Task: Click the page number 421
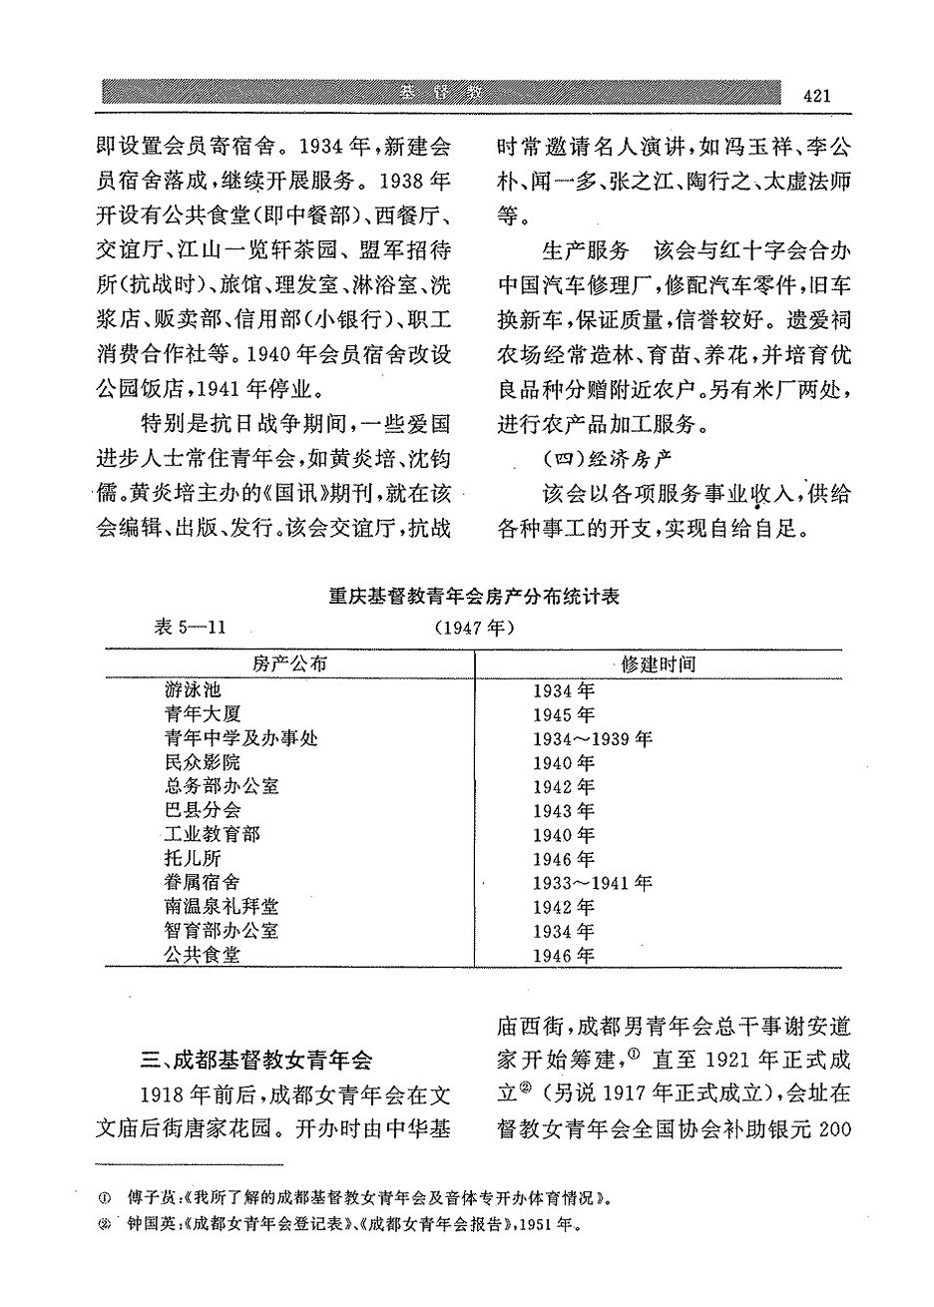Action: coord(815,95)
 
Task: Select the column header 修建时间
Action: coord(658,664)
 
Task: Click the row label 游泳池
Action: coord(193,690)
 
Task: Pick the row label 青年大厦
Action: coord(203,714)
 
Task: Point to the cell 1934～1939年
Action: coord(593,739)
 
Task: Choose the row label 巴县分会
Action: coord(203,810)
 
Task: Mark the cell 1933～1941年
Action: coord(593,883)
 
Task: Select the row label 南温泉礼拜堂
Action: coord(222,907)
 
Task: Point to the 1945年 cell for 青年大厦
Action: coord(563,715)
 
